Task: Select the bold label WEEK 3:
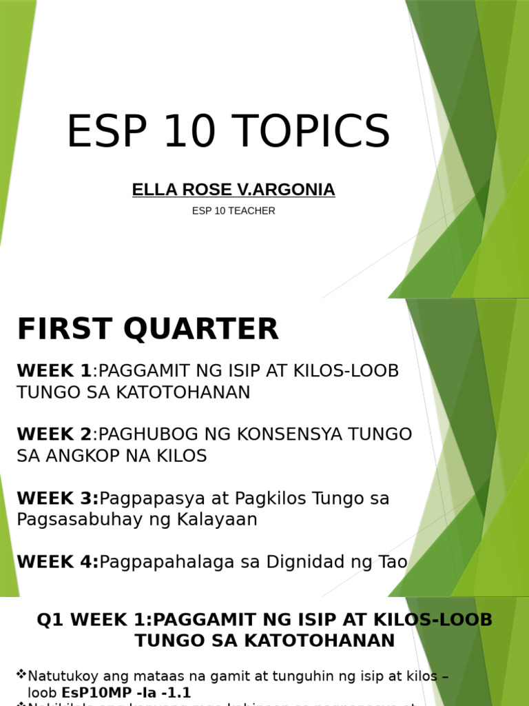coord(58,498)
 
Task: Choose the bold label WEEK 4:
coord(58,562)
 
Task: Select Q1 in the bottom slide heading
coord(50,619)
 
